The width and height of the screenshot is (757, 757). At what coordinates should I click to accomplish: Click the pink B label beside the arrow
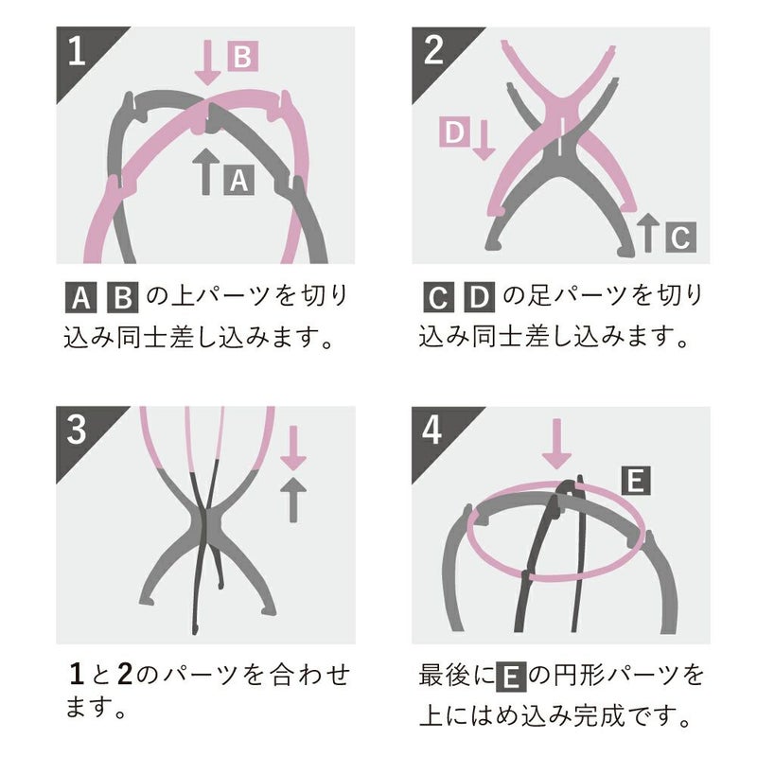(241, 58)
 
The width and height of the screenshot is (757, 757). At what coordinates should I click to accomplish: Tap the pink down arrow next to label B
(210, 60)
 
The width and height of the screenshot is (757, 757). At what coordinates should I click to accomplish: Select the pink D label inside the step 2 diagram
(453, 133)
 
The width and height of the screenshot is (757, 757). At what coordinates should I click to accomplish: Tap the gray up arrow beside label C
(648, 232)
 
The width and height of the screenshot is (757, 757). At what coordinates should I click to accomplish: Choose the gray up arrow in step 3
(295, 499)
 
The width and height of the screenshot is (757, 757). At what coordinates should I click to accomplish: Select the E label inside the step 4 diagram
(637, 482)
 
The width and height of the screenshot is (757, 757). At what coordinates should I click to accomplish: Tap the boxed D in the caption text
(479, 299)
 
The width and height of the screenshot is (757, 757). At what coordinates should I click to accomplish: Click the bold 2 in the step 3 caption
(123, 676)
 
